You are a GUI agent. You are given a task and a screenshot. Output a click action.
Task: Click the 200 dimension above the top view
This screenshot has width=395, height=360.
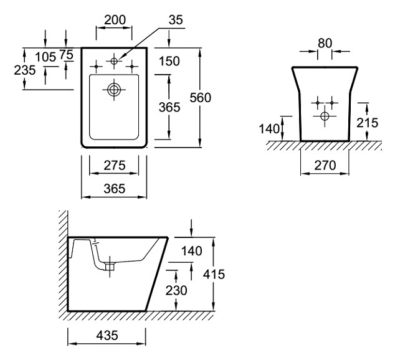point(115,20)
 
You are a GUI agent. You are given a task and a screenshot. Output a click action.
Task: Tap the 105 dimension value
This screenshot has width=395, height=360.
point(45,57)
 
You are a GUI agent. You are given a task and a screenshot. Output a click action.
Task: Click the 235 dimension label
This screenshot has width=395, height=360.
point(25,70)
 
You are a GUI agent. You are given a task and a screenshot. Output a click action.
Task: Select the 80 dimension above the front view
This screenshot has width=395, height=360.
point(324,42)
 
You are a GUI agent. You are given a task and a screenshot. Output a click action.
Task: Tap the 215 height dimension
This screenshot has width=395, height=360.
point(368,123)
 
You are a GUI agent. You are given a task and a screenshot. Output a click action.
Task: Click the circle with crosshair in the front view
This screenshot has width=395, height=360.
point(324,116)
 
